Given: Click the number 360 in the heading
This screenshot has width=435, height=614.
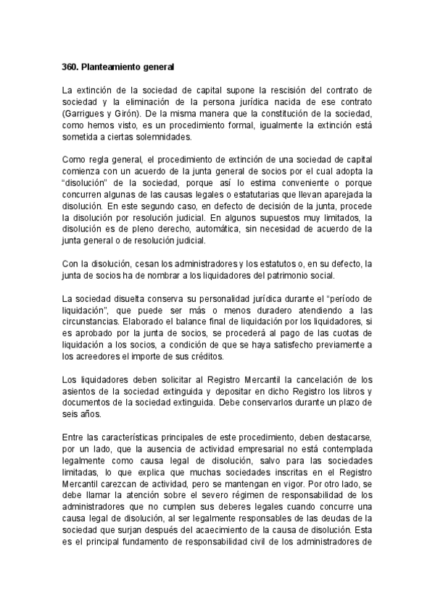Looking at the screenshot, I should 70,67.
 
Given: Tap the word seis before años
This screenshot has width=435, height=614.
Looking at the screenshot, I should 71,415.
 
